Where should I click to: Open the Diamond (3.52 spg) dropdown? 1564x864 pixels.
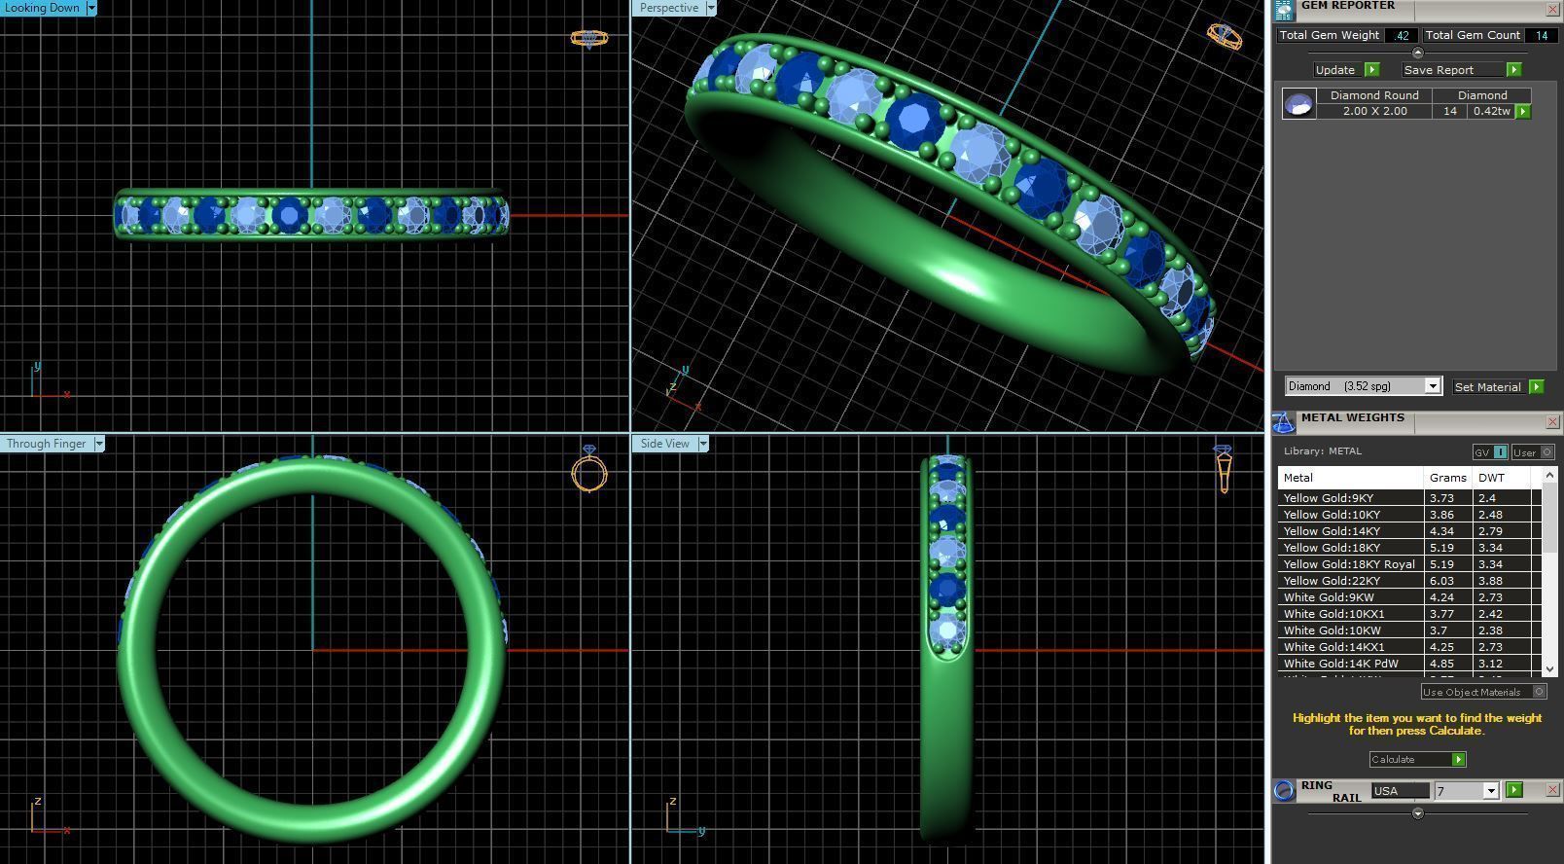(1432, 386)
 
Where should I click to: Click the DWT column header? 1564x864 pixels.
(1491, 478)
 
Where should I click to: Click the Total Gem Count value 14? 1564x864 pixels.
(1541, 35)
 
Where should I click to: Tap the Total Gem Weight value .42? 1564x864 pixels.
(1401, 35)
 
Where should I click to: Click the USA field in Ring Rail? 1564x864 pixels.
(1399, 791)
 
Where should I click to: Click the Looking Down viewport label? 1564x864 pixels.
(42, 8)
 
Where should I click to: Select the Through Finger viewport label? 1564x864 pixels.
(46, 444)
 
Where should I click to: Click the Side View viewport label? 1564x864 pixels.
(665, 444)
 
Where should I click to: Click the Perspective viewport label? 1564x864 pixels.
(669, 8)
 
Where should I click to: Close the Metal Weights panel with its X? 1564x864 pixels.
(1552, 422)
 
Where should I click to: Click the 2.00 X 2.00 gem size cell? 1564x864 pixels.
(1374, 111)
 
